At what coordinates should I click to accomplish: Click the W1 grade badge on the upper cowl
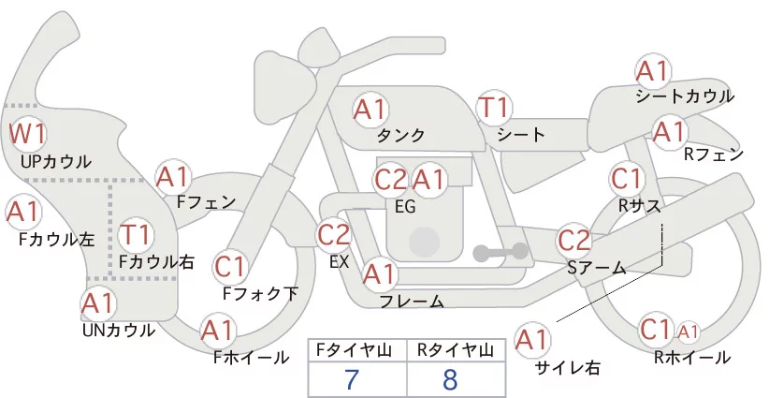(x=28, y=134)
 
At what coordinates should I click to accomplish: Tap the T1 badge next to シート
(x=493, y=109)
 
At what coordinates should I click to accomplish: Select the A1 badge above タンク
(x=370, y=109)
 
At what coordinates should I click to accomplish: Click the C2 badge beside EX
(x=334, y=234)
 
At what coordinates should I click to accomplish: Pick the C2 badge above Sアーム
(x=574, y=240)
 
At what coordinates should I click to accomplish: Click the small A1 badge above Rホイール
(x=688, y=331)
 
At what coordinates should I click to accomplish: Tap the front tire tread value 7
(x=352, y=379)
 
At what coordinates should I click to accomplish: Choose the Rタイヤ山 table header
(x=455, y=349)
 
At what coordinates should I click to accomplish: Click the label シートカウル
(x=684, y=96)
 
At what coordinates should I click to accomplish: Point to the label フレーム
(x=412, y=301)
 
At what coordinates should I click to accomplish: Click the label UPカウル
(x=56, y=161)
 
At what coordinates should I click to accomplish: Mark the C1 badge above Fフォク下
(x=230, y=267)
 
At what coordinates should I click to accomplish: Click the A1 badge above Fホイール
(x=218, y=331)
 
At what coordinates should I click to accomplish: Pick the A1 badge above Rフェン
(x=669, y=132)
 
